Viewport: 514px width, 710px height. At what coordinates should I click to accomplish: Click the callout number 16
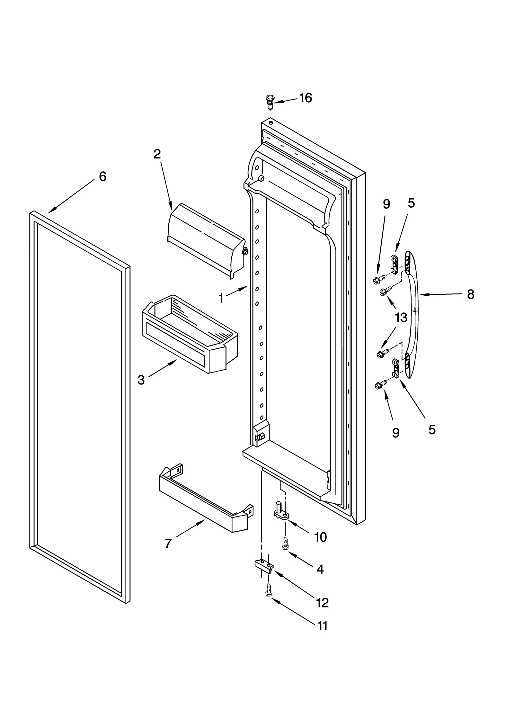306,98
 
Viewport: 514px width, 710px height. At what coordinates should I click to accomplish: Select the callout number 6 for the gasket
102,176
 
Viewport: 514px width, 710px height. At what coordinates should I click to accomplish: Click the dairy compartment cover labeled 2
206,239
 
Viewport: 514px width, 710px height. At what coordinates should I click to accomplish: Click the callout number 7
168,543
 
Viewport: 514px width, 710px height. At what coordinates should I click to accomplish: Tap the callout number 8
470,294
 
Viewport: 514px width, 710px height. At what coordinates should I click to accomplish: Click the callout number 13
401,318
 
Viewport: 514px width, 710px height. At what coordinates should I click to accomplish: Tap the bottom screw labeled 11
269,590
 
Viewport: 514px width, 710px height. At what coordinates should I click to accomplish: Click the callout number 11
322,626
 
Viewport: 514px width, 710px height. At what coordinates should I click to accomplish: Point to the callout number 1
221,299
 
